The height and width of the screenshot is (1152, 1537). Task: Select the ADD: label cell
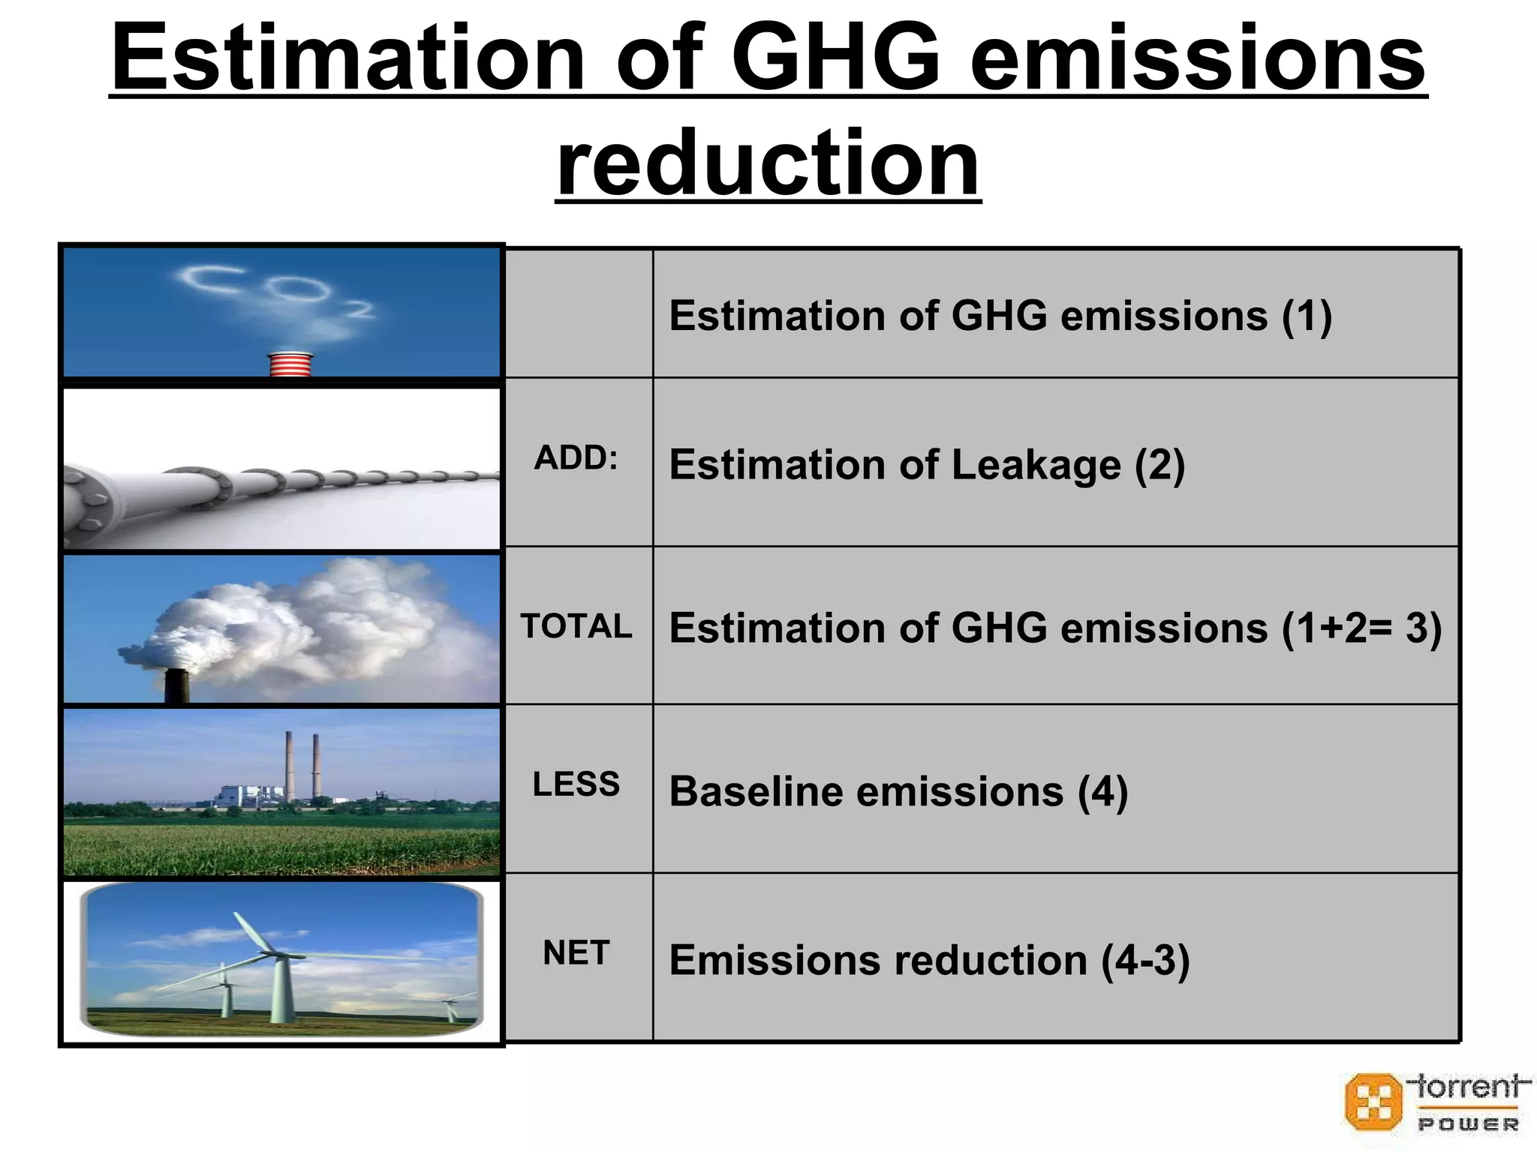click(x=576, y=458)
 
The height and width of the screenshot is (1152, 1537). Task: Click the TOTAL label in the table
click(x=576, y=626)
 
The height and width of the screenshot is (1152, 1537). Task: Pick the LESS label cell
click(x=576, y=784)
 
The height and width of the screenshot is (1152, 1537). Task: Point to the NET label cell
click(x=576, y=953)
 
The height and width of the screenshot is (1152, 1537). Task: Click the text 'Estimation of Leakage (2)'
click(x=927, y=465)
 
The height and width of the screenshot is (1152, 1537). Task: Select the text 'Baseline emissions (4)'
click(x=898, y=792)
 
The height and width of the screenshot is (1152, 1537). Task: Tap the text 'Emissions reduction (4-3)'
click(x=929, y=961)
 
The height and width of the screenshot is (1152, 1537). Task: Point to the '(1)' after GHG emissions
click(x=1307, y=316)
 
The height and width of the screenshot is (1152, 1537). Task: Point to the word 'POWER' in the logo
click(x=1468, y=1124)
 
